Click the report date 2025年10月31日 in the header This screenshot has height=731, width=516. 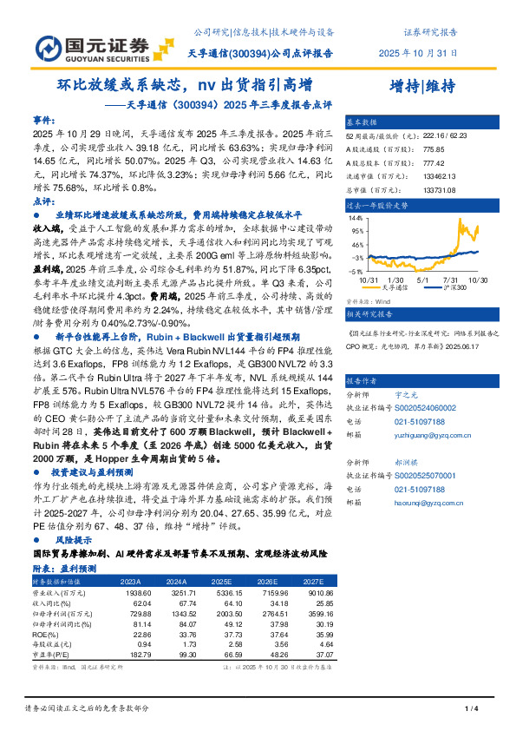tap(418, 53)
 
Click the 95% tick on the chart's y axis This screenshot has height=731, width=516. tap(356, 232)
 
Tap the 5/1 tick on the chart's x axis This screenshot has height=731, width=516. tap(422, 280)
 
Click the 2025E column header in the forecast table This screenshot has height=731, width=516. tap(221, 581)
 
